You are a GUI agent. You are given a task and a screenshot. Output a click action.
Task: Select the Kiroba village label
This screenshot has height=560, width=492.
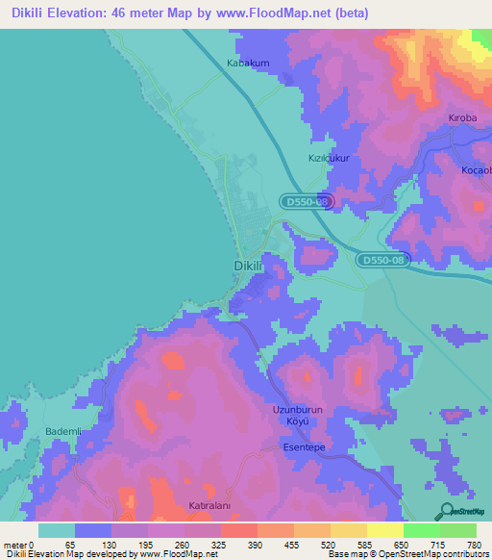point(462,117)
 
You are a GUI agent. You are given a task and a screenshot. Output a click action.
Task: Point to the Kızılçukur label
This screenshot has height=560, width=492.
point(327,157)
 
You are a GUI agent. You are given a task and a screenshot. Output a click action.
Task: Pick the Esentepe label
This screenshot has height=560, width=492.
point(306,447)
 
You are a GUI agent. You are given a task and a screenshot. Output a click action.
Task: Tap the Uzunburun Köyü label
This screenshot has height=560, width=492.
point(296,415)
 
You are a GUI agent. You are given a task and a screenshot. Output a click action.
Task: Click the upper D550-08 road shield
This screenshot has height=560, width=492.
point(308,202)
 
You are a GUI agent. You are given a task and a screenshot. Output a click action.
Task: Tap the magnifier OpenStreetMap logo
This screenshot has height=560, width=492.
point(447,511)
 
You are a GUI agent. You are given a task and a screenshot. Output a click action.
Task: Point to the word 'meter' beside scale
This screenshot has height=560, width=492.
point(14,545)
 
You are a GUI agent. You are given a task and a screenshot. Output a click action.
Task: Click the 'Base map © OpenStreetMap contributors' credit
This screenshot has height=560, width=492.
point(407,554)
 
